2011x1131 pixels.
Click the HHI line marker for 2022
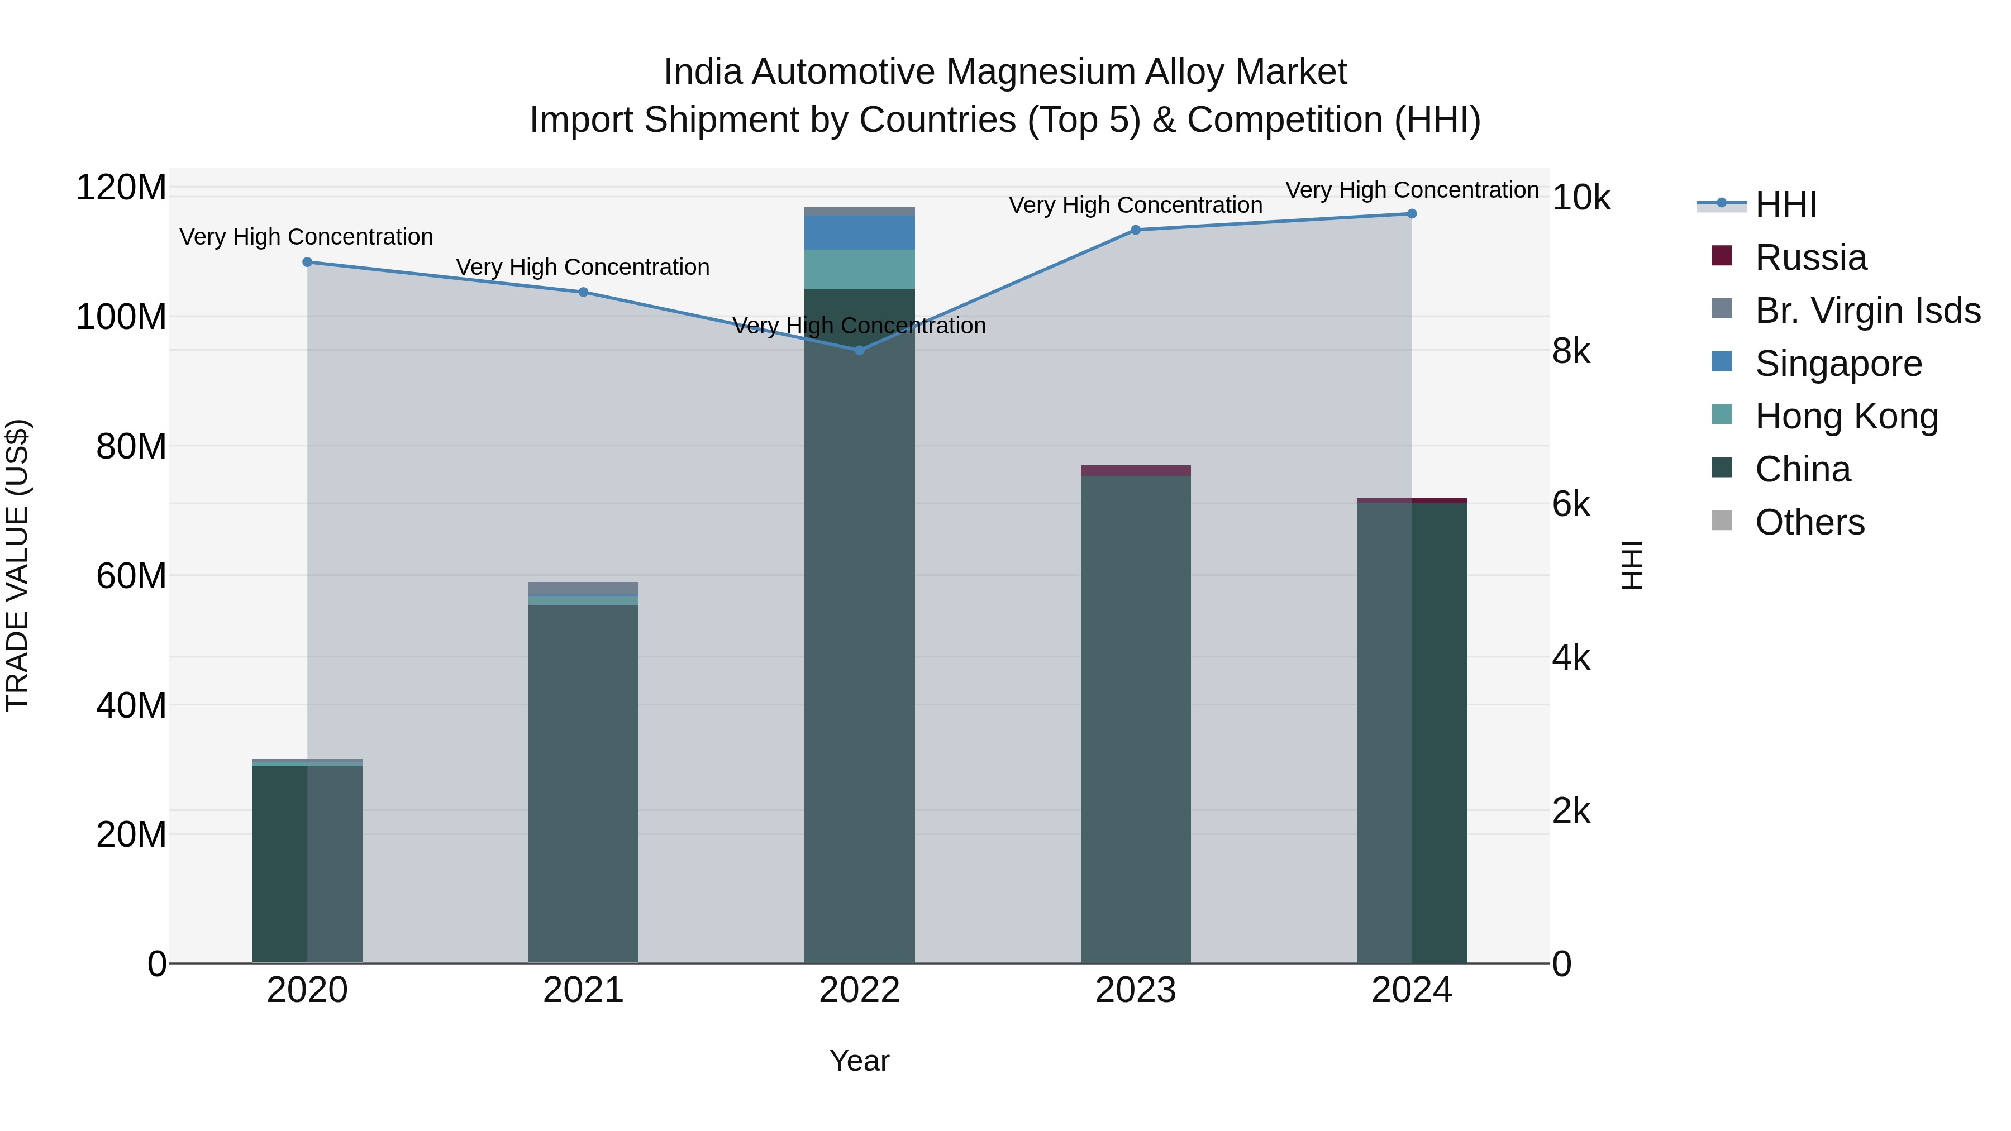coord(860,350)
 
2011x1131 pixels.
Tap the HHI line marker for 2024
coord(1412,214)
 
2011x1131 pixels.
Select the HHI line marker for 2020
coord(308,263)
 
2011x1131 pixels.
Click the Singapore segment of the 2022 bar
coord(860,232)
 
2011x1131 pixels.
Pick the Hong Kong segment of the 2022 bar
coord(860,270)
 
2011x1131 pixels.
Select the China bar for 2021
coord(583,781)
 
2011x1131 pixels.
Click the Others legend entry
coord(1809,522)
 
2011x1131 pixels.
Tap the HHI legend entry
coord(1785,204)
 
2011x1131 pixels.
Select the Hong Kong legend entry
coord(1846,417)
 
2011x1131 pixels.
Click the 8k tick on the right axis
coord(1571,352)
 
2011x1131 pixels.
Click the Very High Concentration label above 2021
coord(583,268)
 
